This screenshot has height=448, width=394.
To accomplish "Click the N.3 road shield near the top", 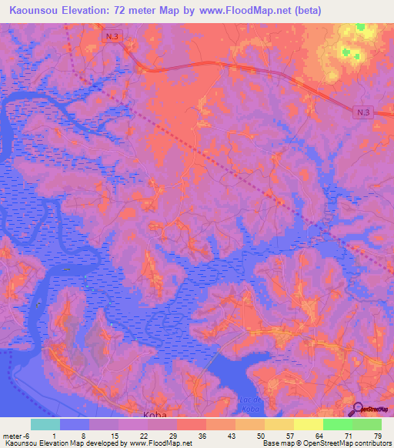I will (112, 35).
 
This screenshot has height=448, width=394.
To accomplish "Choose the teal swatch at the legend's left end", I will (45, 424).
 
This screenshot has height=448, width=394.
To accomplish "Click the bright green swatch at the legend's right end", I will (366, 424).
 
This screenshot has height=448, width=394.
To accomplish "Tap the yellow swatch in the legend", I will (308, 424).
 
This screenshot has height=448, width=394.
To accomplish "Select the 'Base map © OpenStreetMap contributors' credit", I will (325, 443).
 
